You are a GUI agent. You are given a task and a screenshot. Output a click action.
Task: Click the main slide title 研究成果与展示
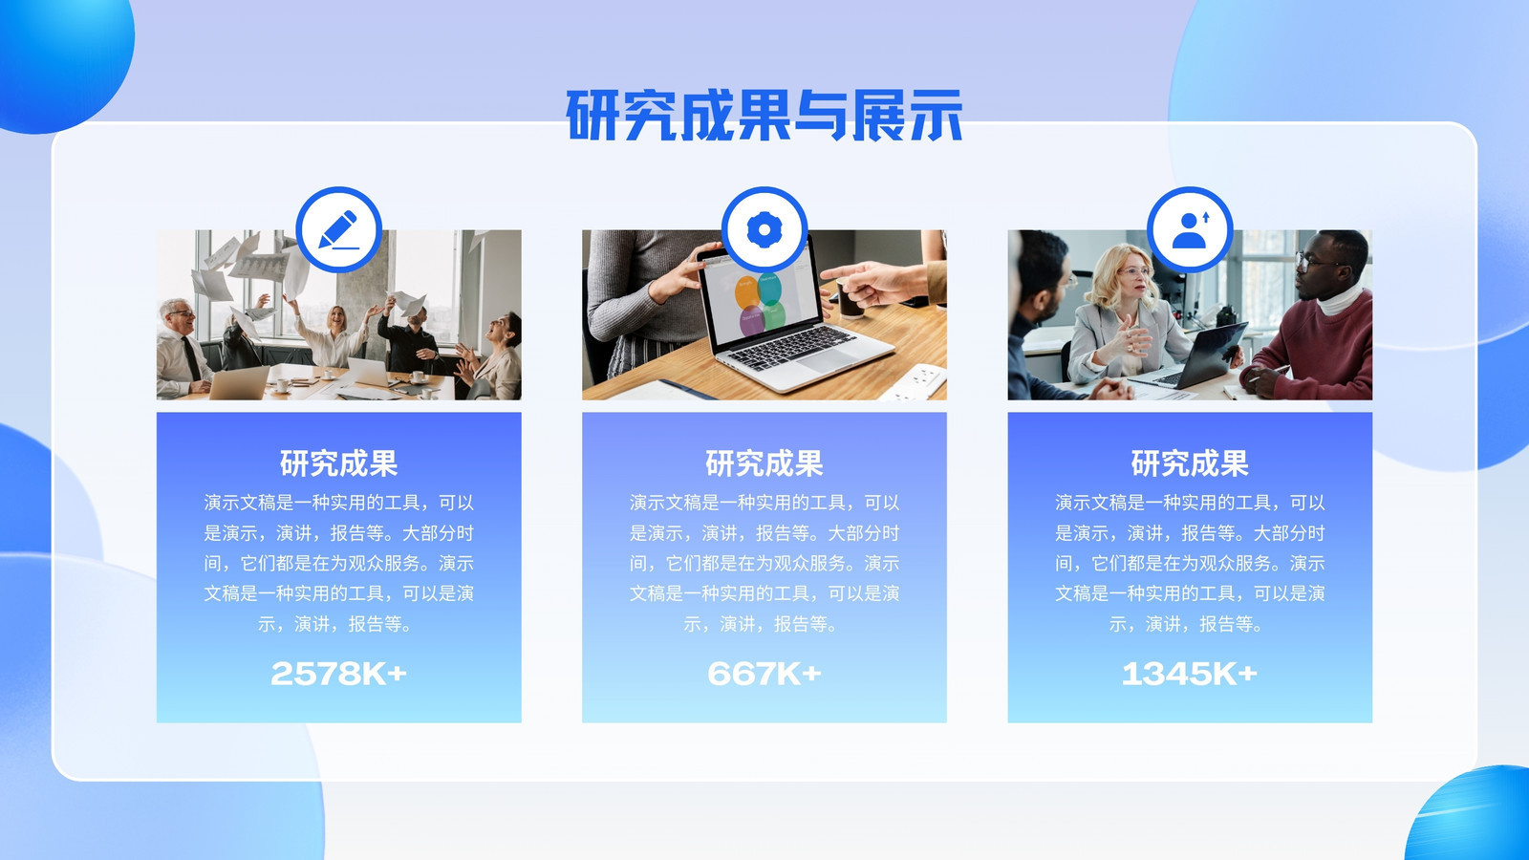click(x=764, y=115)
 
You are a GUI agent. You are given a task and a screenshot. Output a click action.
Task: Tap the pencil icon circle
click(x=338, y=230)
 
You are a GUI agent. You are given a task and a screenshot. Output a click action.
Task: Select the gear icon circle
click(x=764, y=230)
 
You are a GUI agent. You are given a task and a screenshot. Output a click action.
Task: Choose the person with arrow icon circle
click(x=1190, y=230)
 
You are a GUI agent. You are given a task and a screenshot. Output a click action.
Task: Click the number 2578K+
click(x=338, y=674)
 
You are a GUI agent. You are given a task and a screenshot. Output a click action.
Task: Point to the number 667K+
click(x=764, y=674)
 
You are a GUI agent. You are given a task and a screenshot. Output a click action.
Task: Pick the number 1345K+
click(x=1190, y=674)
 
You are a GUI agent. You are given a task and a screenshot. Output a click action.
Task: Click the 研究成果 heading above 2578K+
click(x=338, y=463)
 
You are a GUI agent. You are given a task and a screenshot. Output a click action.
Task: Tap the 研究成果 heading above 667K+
click(x=764, y=463)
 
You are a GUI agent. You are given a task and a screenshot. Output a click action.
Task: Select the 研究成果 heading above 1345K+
click(x=1190, y=463)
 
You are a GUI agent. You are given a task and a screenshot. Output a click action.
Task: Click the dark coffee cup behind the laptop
click(x=850, y=300)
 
